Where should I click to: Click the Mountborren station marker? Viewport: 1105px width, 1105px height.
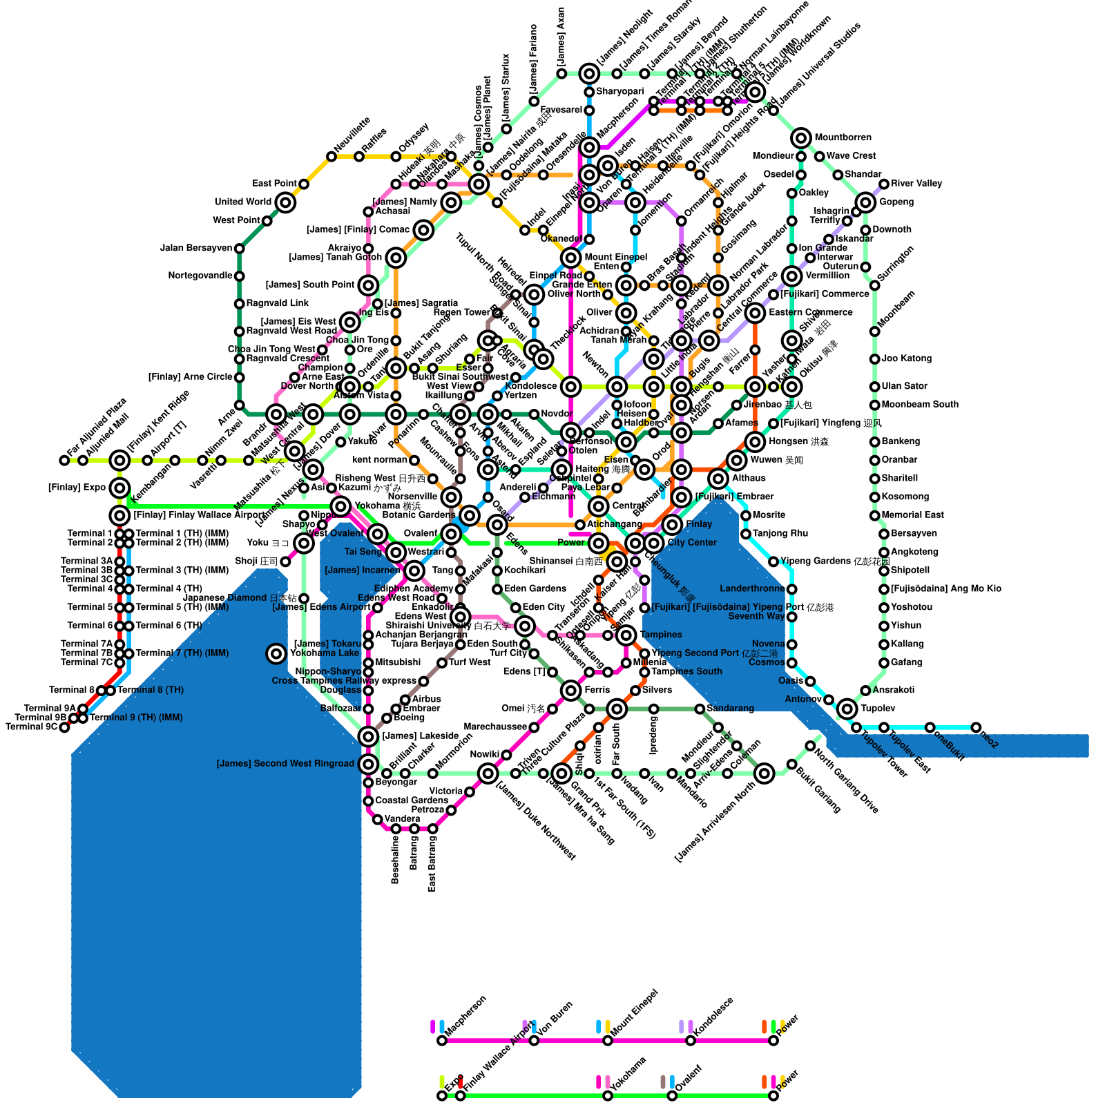801,138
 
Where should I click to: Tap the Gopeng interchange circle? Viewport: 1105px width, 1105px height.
865,202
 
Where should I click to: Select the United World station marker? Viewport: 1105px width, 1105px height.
285,202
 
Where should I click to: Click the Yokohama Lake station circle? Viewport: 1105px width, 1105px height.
276,653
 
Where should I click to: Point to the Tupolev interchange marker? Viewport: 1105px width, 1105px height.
847,709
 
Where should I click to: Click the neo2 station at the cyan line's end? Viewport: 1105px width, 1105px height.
976,727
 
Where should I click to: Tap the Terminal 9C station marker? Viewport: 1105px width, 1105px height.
64,727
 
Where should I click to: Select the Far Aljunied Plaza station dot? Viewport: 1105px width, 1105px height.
64,460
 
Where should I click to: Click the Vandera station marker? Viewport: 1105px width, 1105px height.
377,819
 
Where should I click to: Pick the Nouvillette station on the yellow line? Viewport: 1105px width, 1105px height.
331,156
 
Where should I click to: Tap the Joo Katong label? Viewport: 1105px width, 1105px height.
906,358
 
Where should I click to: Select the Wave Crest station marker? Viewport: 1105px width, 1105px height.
819,156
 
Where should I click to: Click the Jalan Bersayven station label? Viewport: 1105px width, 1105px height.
196,248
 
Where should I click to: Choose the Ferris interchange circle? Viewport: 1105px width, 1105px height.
570,690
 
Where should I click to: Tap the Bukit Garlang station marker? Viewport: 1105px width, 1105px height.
791,764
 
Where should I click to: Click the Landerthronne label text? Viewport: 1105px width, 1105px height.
752,589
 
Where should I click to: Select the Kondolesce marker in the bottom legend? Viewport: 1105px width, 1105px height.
691,1040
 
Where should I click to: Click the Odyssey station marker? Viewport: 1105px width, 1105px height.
396,156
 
